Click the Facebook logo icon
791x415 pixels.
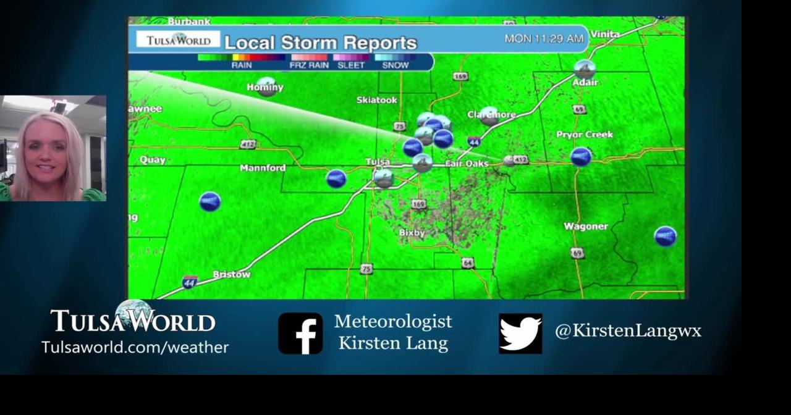point(300,333)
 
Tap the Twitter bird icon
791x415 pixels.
point(520,333)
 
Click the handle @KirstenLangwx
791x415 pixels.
point(628,331)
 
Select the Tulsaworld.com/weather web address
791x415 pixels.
point(135,347)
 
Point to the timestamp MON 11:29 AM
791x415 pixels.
point(544,38)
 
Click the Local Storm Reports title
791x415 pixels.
point(320,43)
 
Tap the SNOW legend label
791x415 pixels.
point(395,65)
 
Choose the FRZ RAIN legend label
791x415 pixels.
point(309,65)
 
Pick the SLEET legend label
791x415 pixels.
point(351,65)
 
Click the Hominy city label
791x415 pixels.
point(264,88)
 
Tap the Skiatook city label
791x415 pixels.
point(376,100)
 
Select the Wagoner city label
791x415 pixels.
point(585,227)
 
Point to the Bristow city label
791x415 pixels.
point(232,274)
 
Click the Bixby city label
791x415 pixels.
point(412,233)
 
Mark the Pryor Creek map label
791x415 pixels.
point(584,135)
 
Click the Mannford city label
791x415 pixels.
point(263,168)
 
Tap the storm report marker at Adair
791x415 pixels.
point(584,69)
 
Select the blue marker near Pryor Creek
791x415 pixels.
point(581,156)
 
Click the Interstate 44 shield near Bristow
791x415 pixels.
point(190,282)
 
